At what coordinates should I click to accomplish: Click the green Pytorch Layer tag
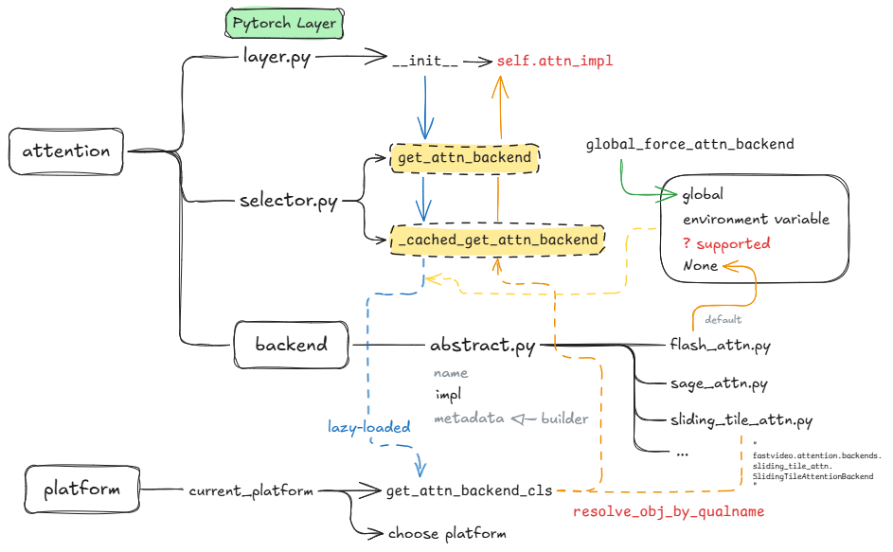coord(284,24)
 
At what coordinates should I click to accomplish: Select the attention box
coord(65,151)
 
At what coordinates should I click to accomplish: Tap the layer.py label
coord(277,58)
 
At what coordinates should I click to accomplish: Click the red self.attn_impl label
coord(555,61)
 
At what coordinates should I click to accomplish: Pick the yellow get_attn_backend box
coord(464,157)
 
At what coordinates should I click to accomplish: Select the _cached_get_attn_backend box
coord(497,240)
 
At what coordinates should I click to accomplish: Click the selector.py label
coord(288,201)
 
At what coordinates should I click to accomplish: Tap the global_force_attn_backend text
coord(689,144)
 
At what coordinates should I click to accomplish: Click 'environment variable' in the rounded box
coord(756,219)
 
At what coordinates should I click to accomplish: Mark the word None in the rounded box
coord(700,266)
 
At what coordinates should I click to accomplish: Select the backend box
coord(292,345)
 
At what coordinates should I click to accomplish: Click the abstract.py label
coord(482,346)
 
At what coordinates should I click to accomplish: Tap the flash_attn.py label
coord(720,346)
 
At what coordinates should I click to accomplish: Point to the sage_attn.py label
coord(718,383)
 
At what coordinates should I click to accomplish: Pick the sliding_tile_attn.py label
coord(741,419)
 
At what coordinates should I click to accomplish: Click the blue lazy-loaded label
coord(369,427)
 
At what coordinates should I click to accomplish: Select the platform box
coord(81,490)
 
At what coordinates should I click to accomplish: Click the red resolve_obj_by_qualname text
coord(668,511)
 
